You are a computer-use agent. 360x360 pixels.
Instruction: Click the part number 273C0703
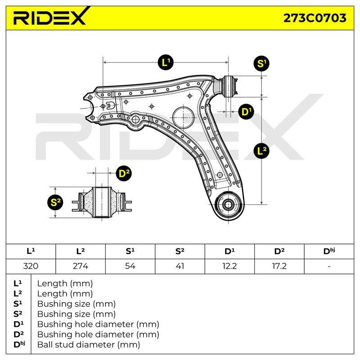click(x=315, y=18)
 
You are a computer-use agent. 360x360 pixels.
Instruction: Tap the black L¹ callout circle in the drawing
click(x=166, y=62)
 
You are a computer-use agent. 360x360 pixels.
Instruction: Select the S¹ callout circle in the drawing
click(x=261, y=63)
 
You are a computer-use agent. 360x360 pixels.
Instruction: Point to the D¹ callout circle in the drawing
click(x=246, y=112)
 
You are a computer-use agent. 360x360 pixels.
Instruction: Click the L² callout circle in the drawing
click(x=261, y=151)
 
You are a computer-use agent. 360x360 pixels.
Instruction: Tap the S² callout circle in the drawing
click(x=55, y=202)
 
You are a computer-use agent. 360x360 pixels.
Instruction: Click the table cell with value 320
click(x=31, y=266)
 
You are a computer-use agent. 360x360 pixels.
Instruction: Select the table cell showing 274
click(x=81, y=266)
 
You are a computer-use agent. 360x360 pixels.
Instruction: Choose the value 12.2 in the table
click(x=229, y=266)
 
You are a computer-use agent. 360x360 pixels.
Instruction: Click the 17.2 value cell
click(x=279, y=266)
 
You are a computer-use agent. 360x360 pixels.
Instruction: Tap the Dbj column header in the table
click(x=329, y=251)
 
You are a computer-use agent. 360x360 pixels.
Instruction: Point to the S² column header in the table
click(x=180, y=251)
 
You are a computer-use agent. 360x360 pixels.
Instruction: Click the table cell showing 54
click(x=130, y=266)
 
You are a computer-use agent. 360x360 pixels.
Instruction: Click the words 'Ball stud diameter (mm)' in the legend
click(x=89, y=344)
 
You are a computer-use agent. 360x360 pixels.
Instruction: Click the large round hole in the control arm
click(x=183, y=117)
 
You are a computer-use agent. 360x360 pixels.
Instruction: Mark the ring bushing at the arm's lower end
click(x=228, y=204)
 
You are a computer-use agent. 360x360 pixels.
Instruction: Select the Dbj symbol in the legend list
click(x=19, y=344)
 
